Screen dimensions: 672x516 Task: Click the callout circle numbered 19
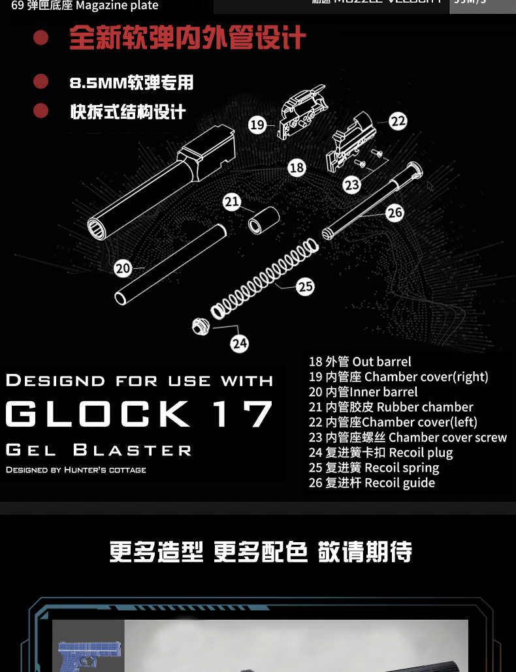(x=257, y=125)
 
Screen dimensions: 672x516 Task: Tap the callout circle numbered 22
(x=398, y=121)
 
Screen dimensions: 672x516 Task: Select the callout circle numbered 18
(x=297, y=168)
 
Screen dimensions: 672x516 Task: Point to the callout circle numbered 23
(x=352, y=185)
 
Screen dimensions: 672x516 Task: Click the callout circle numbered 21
(x=232, y=202)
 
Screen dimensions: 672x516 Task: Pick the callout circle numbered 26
(x=395, y=213)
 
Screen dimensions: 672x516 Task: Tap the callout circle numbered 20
(x=123, y=267)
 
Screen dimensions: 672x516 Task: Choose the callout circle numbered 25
(x=305, y=286)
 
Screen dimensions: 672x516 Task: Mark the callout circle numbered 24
(x=240, y=343)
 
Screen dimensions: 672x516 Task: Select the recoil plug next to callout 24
(x=201, y=326)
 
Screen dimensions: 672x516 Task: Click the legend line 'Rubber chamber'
(x=391, y=407)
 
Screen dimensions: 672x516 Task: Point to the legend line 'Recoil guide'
(x=372, y=483)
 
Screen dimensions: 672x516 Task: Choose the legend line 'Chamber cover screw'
(x=408, y=437)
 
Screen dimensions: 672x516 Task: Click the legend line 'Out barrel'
(x=360, y=361)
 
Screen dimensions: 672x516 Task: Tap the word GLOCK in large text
(x=98, y=414)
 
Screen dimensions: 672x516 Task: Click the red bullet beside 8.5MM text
(x=41, y=82)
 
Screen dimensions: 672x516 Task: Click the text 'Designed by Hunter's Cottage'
(x=76, y=470)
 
